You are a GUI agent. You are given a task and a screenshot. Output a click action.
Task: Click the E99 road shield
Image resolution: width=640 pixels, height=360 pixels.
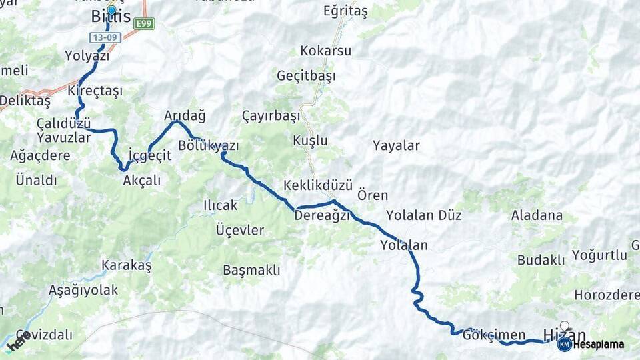coord(144,24)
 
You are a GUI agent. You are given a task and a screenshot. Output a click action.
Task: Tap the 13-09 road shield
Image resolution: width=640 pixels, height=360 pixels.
coord(106,38)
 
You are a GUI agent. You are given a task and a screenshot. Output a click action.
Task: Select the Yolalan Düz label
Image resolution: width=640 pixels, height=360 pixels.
coord(423,215)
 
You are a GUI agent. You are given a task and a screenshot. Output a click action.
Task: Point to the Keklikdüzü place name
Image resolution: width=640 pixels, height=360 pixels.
coord(317,185)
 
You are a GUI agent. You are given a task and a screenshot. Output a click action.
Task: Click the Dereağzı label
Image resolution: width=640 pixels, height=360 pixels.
coord(322,216)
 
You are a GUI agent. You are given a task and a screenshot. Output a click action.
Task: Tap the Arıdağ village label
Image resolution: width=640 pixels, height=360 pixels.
coord(185,115)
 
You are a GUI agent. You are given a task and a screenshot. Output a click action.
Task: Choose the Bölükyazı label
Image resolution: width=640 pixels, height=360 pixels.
coord(209,145)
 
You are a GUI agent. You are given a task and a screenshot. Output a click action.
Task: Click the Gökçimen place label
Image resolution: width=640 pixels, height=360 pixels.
coord(494,335)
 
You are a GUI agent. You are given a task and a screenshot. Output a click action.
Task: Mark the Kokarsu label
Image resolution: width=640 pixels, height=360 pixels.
coord(326,51)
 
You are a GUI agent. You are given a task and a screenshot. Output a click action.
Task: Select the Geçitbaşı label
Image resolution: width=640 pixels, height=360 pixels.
coord(307,75)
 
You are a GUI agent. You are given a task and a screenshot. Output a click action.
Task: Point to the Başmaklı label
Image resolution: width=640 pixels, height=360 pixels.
coord(251,270)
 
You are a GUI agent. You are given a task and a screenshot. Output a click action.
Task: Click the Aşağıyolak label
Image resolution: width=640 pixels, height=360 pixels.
coord(83,290)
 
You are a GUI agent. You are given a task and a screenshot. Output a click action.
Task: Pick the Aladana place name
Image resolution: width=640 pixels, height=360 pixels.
coord(537,215)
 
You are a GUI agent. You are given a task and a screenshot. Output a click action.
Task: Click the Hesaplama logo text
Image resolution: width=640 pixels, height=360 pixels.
coord(598,344)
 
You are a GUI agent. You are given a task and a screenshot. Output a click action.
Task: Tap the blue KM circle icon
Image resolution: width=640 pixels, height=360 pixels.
coord(564,344)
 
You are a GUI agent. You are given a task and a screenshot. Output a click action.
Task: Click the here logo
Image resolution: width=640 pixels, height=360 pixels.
coord(18,341)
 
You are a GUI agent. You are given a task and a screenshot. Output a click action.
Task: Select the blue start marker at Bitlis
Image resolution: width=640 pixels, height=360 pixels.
coord(111,11)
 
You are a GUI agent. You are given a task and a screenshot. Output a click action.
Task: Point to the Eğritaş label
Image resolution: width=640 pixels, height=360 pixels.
coord(345,11)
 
